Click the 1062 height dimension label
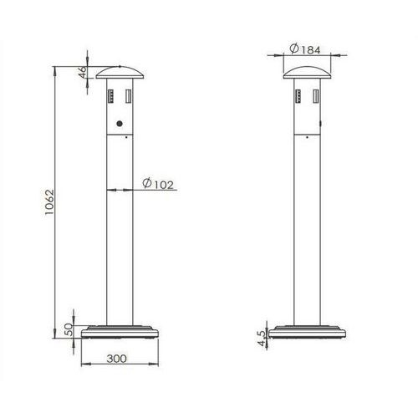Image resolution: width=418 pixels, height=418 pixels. click(x=49, y=202)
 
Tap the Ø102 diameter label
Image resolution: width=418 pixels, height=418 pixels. click(x=158, y=184)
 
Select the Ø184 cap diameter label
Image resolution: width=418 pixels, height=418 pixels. click(x=305, y=49)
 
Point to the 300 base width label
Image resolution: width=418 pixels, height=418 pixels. click(x=116, y=359)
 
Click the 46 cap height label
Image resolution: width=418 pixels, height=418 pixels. click(x=83, y=72)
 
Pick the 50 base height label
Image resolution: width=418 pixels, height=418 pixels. click(x=69, y=329)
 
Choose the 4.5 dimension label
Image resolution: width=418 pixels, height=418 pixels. click(x=263, y=339)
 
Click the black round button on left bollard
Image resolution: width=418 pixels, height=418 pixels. click(x=120, y=124)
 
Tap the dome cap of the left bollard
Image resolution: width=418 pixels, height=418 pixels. click(x=120, y=73)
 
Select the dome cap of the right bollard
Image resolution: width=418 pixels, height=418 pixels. click(x=307, y=73)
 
